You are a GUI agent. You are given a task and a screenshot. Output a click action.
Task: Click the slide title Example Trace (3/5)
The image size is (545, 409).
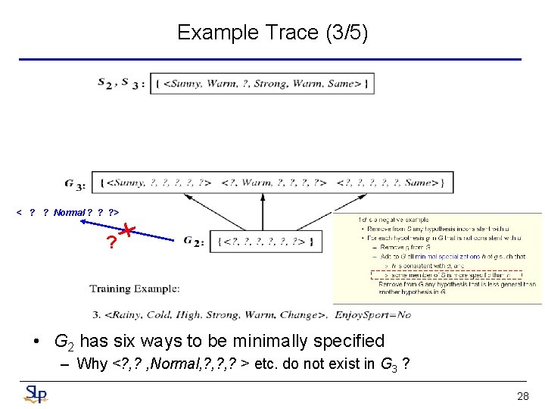tap(272, 33)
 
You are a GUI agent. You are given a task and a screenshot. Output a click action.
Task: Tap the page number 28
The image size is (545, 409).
tap(522, 396)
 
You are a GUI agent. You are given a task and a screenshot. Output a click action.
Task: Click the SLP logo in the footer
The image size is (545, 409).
tap(35, 394)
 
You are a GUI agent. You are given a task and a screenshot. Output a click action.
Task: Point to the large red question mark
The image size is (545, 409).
tap(111, 243)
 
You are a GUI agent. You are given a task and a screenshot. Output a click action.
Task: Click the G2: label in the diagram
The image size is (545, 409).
tap(193, 241)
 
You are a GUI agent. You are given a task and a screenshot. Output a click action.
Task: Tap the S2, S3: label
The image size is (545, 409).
tap(121, 83)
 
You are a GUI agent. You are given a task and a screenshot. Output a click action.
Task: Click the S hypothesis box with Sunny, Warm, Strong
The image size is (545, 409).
tap(262, 83)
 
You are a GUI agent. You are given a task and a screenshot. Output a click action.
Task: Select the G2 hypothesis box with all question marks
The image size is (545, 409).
tap(264, 242)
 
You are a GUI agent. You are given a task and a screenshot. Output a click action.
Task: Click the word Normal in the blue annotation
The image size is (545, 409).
tap(69, 212)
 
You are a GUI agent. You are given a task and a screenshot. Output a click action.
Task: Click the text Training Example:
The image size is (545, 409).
tap(134, 289)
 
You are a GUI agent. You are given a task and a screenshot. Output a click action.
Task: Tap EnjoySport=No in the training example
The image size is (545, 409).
tap(372, 314)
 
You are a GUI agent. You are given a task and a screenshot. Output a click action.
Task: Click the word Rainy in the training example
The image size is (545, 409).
tap(125, 314)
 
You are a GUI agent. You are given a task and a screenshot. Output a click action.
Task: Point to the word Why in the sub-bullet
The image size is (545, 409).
tap(92, 364)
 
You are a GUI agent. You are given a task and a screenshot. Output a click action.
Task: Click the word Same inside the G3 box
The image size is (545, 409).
tap(418, 183)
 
